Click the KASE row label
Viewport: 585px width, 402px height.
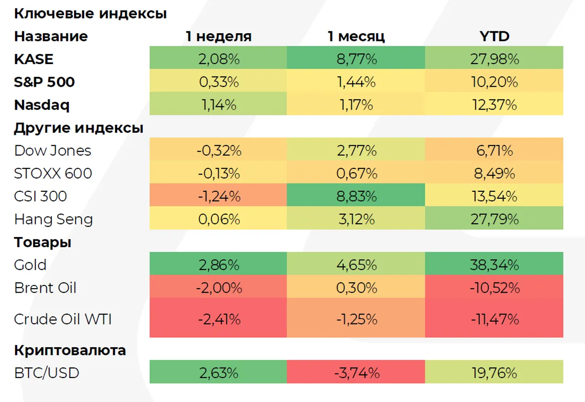pyautogui.click(x=34, y=59)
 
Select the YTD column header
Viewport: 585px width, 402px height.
pyautogui.click(x=494, y=36)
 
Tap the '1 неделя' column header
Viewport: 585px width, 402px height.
pyautogui.click(x=218, y=36)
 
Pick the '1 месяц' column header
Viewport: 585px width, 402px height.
pyautogui.click(x=356, y=36)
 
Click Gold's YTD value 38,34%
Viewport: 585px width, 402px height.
pyautogui.click(x=494, y=265)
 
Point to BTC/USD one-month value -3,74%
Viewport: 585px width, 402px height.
pyautogui.click(x=356, y=372)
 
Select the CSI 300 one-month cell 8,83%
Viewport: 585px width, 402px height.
pyautogui.click(x=356, y=196)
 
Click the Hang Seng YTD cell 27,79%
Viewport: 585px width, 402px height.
pyautogui.click(x=494, y=219)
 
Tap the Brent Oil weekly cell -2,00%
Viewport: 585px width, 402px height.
pyautogui.click(x=218, y=288)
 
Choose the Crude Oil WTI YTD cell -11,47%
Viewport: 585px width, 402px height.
pyautogui.click(x=494, y=319)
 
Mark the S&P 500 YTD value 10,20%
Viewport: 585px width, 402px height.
pyautogui.click(x=494, y=82)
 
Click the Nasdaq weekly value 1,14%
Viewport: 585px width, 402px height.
pyautogui.click(x=218, y=105)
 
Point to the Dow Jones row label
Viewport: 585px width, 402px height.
pyautogui.click(x=53, y=151)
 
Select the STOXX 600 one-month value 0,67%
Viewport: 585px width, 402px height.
pyautogui.click(x=356, y=174)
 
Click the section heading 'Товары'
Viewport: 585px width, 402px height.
pyautogui.click(x=42, y=242)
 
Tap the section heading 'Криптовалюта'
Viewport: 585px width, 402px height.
pyautogui.click(x=70, y=350)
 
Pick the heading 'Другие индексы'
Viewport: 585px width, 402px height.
pyautogui.click(x=78, y=128)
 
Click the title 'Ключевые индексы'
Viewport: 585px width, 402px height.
pyautogui.click(x=90, y=13)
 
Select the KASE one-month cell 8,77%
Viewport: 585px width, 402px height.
pyautogui.click(x=356, y=59)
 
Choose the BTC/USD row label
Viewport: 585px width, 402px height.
pyautogui.click(x=47, y=372)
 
